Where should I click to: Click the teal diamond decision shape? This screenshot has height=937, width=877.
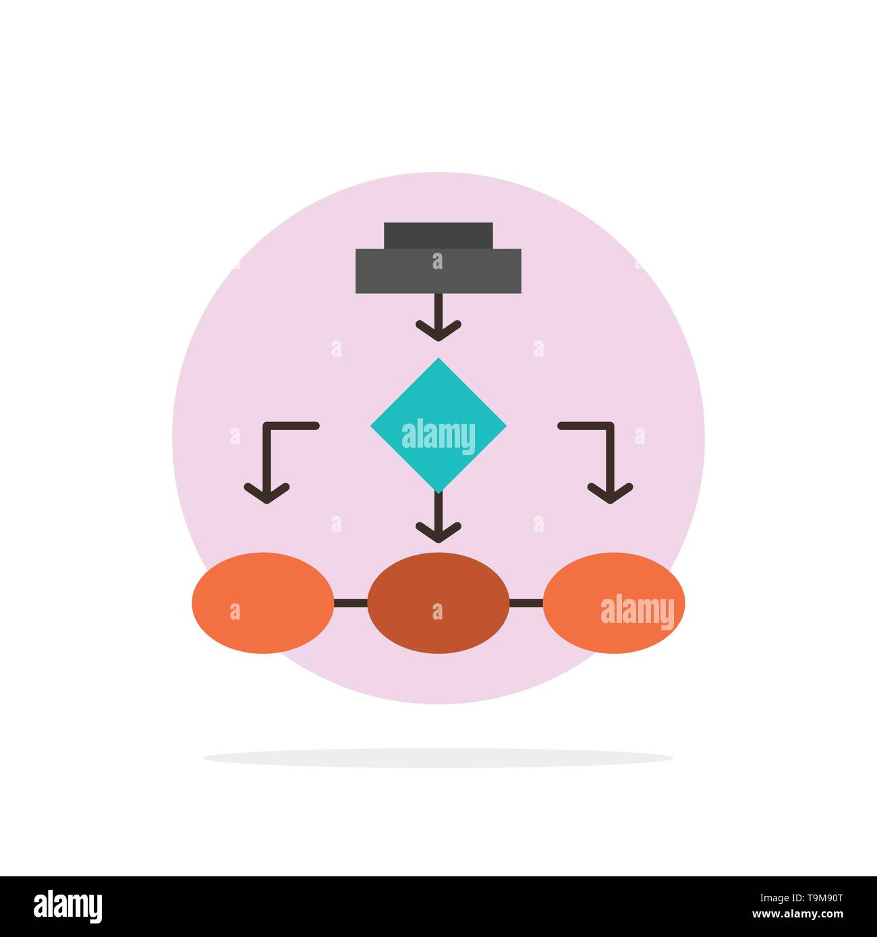tap(438, 425)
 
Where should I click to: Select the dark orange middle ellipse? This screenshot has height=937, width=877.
tap(438, 603)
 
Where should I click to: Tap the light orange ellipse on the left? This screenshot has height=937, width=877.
tap(262, 603)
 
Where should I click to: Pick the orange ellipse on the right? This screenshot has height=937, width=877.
tap(614, 603)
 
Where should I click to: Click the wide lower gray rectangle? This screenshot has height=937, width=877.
tap(438, 271)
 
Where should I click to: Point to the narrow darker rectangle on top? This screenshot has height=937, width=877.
tap(438, 235)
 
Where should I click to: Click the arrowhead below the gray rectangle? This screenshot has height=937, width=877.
tap(438, 331)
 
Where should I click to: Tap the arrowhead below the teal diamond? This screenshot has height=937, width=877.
tap(438, 533)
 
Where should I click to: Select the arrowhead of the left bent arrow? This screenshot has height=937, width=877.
tap(267, 493)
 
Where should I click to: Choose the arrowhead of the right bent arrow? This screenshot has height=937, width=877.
tap(610, 493)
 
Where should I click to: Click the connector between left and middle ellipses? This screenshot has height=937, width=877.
tap(351, 603)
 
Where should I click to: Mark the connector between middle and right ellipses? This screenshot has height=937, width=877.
tap(527, 603)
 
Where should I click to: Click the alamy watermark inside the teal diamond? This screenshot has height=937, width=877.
tap(438, 436)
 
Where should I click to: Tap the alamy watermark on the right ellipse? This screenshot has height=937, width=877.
tap(637, 611)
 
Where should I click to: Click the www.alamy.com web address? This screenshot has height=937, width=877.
tap(797, 914)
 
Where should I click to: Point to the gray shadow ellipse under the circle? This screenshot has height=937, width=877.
tap(438, 758)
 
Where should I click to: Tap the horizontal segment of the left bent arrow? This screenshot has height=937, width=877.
tap(291, 425)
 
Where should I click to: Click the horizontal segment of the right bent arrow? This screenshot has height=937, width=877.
tap(586, 425)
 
